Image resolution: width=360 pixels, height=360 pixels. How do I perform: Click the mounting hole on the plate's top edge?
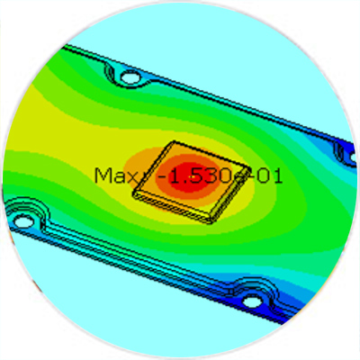click(x=130, y=77)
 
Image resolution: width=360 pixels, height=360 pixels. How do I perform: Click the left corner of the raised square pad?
click(x=133, y=192)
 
